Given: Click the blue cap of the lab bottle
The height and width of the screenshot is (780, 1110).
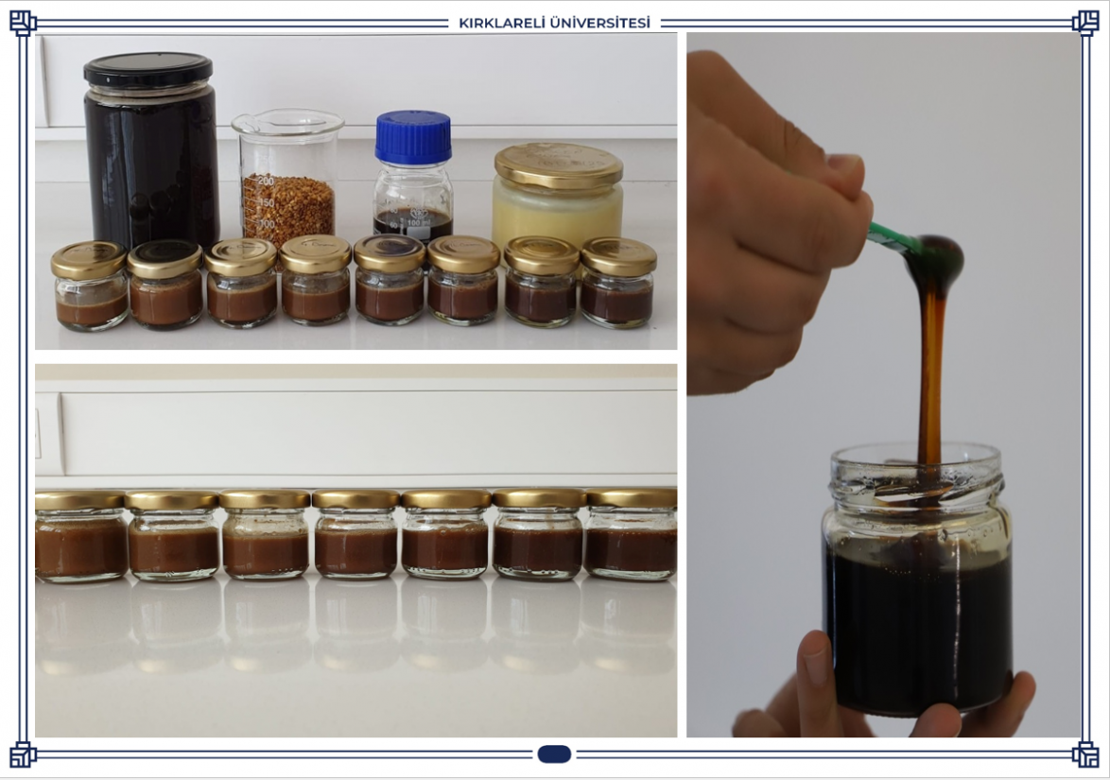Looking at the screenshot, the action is (x=413, y=137).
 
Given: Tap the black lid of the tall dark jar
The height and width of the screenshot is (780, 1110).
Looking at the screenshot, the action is (x=147, y=69).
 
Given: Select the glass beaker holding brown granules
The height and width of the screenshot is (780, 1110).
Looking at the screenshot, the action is (x=287, y=177).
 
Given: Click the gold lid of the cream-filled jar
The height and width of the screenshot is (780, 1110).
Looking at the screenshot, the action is (x=559, y=165).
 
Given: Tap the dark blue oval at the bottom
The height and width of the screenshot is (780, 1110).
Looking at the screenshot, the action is (x=554, y=754).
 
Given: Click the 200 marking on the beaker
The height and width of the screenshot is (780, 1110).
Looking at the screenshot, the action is (x=266, y=181).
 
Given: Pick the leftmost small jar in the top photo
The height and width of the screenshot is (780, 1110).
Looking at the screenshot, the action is (x=90, y=286).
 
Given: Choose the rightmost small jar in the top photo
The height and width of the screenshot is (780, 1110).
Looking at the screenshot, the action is (x=618, y=283).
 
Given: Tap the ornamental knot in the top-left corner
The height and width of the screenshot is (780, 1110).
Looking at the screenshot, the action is (x=23, y=23).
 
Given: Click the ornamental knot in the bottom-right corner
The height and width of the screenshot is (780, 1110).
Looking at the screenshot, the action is (x=1085, y=754).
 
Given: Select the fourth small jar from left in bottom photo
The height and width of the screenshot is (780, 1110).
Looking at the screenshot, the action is (x=356, y=534).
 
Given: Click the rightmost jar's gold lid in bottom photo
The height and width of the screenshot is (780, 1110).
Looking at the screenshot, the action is (x=632, y=498).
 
